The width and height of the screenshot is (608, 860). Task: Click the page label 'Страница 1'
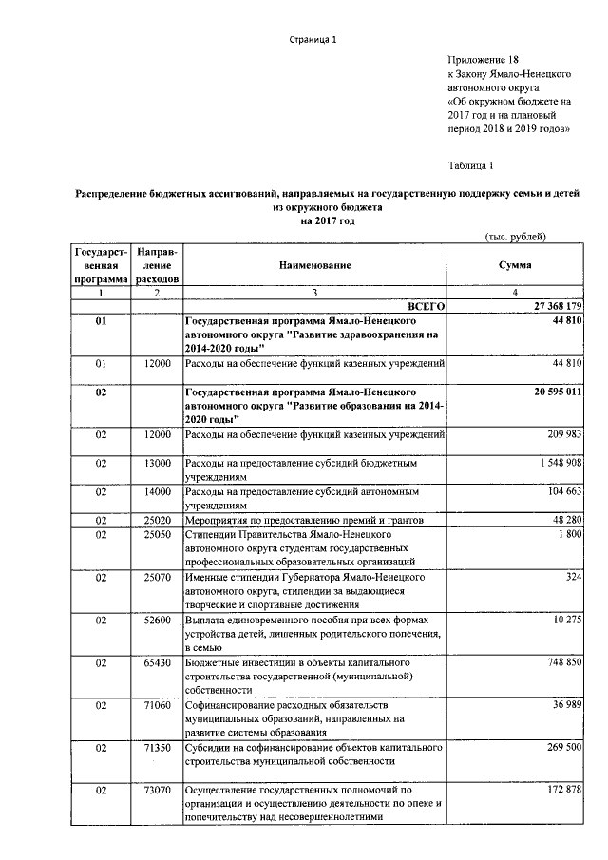tap(313, 39)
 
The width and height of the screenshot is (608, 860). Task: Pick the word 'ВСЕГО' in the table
tap(427, 307)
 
